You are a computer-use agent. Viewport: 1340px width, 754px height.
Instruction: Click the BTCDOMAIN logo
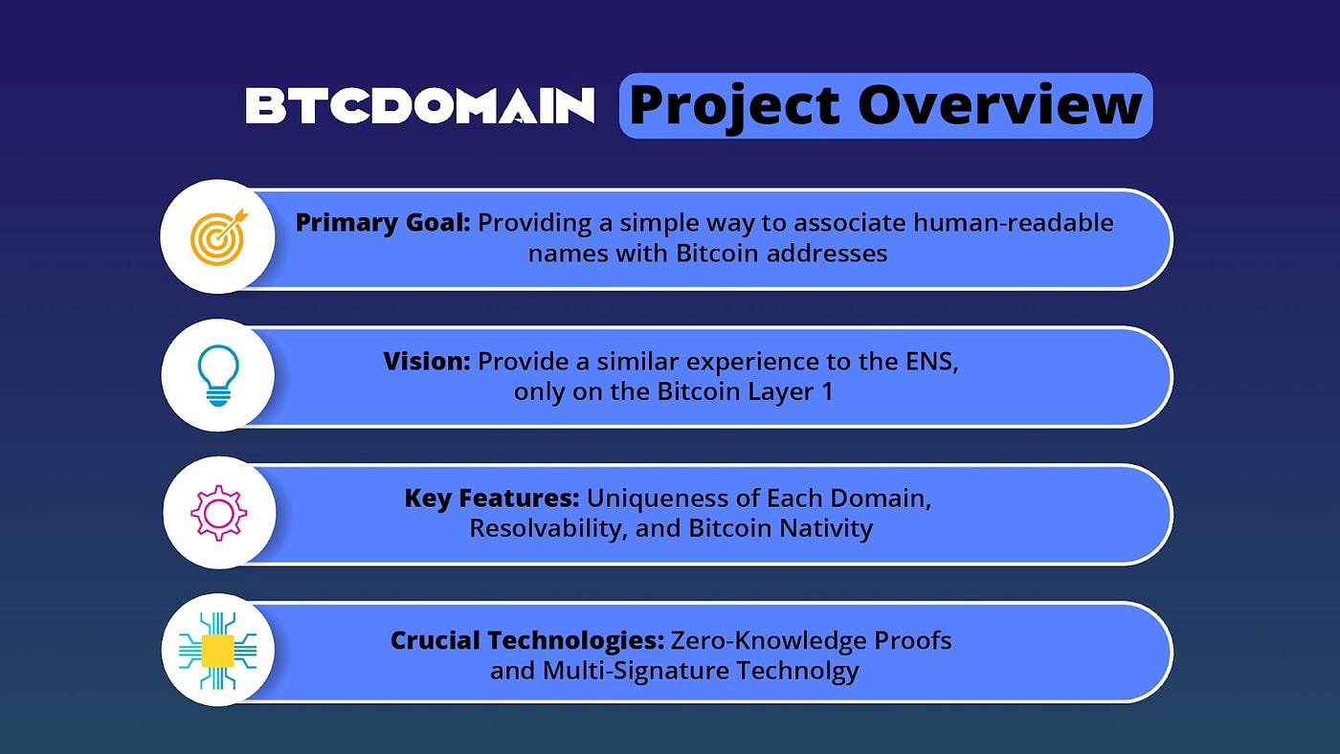[419, 106]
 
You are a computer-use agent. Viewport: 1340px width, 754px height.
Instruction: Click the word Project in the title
[735, 105]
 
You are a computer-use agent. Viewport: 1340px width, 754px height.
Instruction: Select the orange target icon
[218, 235]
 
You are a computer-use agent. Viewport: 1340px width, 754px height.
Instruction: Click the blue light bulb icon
[218, 375]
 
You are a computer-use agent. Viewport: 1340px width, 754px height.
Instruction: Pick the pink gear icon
[218, 514]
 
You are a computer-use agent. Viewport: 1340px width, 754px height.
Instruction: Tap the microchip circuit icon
[218, 651]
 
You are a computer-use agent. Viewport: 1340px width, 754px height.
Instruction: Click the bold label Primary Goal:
[382, 223]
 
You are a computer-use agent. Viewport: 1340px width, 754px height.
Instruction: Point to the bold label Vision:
[426, 362]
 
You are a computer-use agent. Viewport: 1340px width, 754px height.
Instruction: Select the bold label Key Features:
[491, 499]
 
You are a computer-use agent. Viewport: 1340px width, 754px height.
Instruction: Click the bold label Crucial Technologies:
[526, 639]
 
